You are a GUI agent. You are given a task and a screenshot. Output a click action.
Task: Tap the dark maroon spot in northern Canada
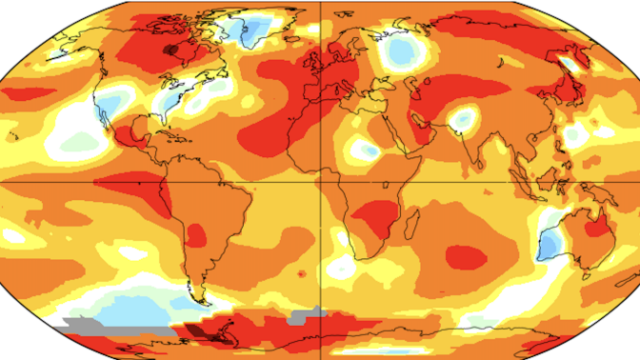[172, 48]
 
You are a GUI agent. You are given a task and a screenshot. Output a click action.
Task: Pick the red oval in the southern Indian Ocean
[466, 256]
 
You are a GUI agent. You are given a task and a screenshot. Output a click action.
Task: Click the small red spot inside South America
[197, 234]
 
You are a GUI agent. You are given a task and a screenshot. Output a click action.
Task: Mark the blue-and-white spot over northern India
[463, 119]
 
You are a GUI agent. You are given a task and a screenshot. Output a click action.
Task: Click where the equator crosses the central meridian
[320, 180]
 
